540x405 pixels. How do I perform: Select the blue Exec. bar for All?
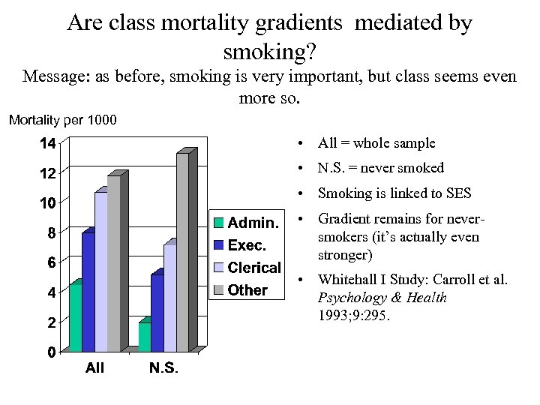[x=87, y=292]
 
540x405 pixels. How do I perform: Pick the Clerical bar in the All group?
[x=100, y=271]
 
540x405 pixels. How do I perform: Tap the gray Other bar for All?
[x=113, y=263]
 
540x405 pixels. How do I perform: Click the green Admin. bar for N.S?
[x=144, y=337]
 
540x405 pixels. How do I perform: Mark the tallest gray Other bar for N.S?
[x=182, y=252]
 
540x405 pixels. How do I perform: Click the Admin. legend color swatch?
[x=218, y=223]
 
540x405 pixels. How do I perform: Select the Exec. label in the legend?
[x=247, y=245]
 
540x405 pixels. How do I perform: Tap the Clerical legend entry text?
[x=253, y=268]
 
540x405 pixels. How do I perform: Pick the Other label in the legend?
[x=247, y=290]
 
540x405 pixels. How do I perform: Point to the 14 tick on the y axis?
[x=47, y=143]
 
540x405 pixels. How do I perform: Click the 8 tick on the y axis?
[x=50, y=232]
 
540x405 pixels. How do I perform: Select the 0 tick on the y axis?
[x=50, y=352]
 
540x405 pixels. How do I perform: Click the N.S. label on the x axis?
[x=164, y=369]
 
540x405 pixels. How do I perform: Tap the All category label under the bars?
[x=95, y=369]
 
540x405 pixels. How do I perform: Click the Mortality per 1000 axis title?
[x=62, y=120]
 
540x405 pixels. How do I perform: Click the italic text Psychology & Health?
[x=382, y=298]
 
